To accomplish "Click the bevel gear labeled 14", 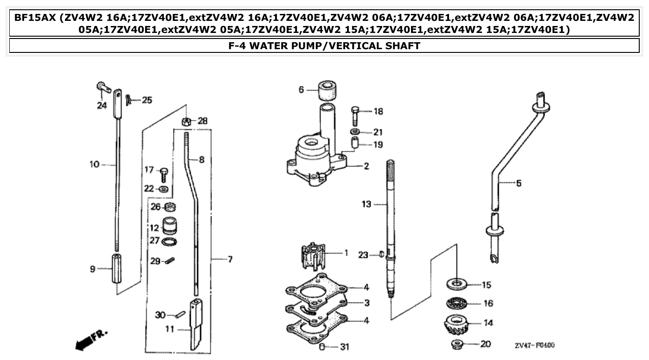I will (x=458, y=324).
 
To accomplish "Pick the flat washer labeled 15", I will (x=457, y=283).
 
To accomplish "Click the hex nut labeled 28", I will (x=186, y=122).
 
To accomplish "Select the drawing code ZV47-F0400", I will (x=534, y=345).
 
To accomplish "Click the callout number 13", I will (x=366, y=204).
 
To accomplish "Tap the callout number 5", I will (x=518, y=183).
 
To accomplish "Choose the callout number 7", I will (x=230, y=259).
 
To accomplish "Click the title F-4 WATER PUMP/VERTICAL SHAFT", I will (x=324, y=45).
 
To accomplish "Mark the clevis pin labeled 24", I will (x=102, y=87).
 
